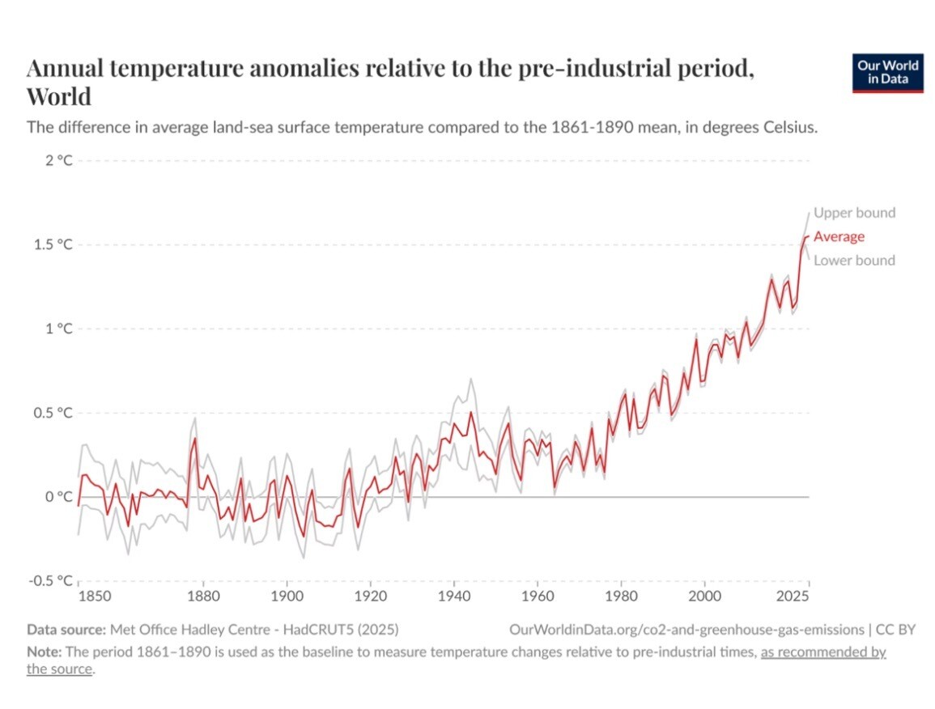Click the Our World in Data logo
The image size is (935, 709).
887,74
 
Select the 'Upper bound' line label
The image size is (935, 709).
854,213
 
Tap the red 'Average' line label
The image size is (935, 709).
839,236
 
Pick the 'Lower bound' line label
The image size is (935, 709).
854,260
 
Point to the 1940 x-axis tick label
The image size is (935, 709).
453,597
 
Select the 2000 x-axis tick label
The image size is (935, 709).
705,597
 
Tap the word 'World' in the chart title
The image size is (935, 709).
59,97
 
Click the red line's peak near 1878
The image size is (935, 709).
195,439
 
